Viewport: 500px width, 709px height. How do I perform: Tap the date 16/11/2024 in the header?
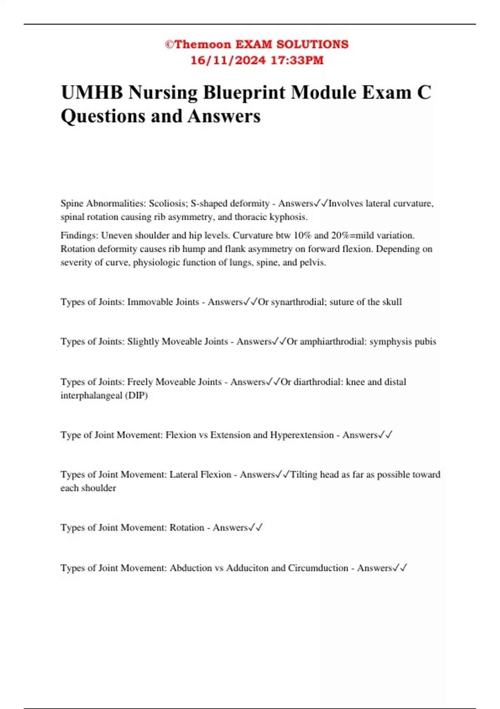(x=228, y=60)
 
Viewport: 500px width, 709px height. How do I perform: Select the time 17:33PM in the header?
(x=297, y=60)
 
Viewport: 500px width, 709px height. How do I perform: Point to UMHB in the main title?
(x=92, y=93)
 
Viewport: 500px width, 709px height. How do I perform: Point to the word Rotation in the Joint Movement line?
(x=187, y=528)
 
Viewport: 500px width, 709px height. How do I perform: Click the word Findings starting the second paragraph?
(x=80, y=235)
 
